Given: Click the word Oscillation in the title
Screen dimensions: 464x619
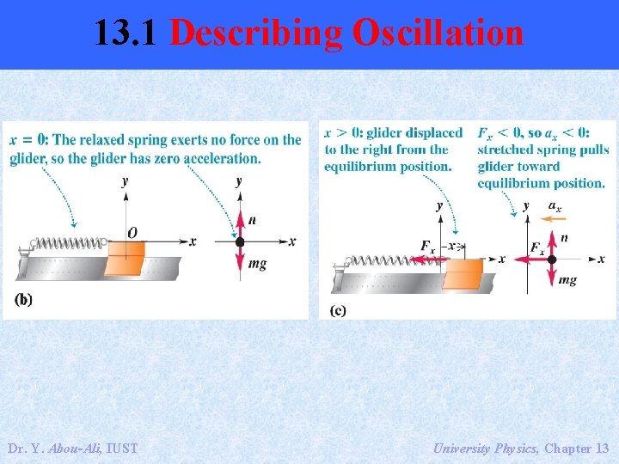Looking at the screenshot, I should coord(436,34).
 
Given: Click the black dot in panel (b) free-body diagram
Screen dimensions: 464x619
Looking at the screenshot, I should coord(240,242).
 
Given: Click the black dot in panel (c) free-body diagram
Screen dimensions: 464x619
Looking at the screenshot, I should coord(552,259).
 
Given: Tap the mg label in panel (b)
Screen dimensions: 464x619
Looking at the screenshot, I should coord(257,264).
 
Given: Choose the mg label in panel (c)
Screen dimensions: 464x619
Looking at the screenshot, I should coord(567,280).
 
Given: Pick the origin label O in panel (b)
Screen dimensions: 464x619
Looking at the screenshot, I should coord(132,232).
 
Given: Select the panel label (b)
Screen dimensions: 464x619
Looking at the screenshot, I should coord(24,299).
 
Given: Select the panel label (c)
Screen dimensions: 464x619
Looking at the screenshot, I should coord(338,309).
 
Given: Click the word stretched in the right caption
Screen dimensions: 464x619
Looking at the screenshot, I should coord(506,150).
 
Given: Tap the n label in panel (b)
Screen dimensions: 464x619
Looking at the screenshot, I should coord(251,221).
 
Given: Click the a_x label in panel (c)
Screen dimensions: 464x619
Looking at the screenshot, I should coord(555,206).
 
